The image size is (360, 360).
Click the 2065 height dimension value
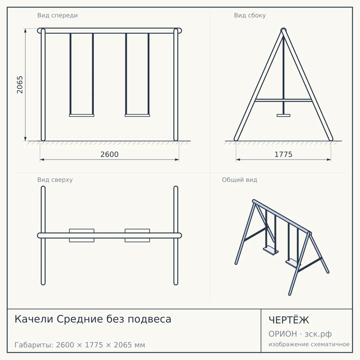point(20,85)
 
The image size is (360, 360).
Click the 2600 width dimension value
point(109,154)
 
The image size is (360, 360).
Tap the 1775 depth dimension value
point(283,154)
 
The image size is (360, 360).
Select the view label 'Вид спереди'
point(58,15)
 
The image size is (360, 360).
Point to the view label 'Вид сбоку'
point(250,15)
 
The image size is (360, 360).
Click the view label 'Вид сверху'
point(55,180)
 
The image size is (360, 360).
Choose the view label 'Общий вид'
point(239,180)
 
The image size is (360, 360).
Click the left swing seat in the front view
point(82,115)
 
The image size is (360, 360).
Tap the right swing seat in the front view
point(137,115)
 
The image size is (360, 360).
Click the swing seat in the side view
point(283,115)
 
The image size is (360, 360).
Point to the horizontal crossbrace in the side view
point(283,100)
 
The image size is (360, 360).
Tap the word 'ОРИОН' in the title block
point(283,334)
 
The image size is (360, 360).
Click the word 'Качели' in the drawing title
point(34,319)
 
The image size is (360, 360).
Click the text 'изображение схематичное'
point(309,344)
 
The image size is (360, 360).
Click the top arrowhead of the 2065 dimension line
point(25,31)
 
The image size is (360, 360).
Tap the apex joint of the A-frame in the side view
point(283,30)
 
